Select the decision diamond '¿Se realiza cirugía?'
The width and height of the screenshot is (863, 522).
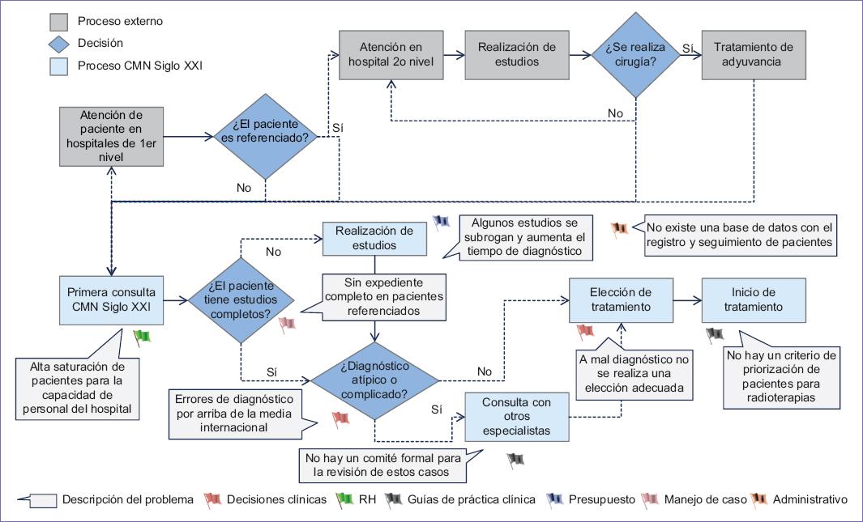[x=634, y=55]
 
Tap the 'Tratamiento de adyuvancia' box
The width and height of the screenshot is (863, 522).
[x=753, y=55]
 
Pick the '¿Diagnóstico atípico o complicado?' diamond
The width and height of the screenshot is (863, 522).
[x=375, y=378]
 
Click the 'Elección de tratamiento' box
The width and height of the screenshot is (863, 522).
[x=622, y=299]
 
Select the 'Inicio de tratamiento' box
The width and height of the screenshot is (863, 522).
[x=754, y=299]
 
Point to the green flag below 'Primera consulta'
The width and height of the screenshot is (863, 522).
[x=143, y=335]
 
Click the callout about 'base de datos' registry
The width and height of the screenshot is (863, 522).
[x=739, y=234]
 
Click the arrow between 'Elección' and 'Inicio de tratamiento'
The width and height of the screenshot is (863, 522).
[x=687, y=300]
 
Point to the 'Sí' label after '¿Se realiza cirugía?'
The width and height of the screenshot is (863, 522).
[x=688, y=48]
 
